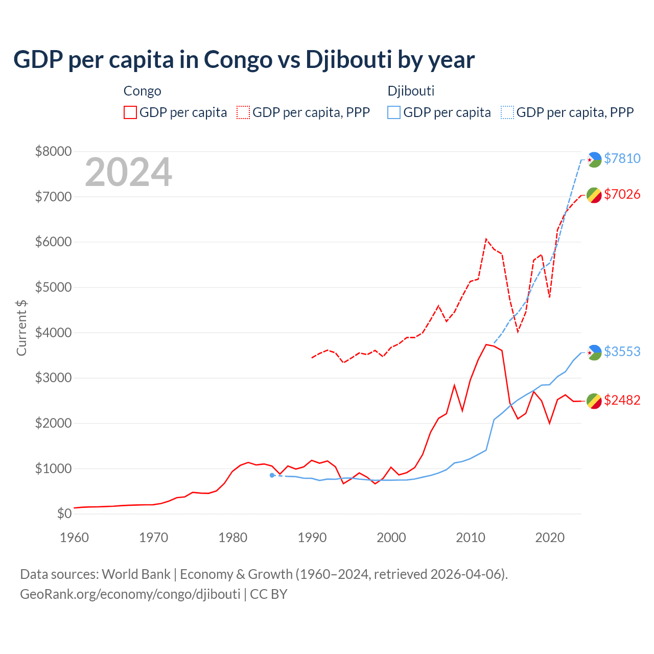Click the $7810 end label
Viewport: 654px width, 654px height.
point(622,158)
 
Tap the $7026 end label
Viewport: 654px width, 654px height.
point(622,194)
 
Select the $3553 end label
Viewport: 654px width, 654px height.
point(622,352)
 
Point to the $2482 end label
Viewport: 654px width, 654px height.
point(622,400)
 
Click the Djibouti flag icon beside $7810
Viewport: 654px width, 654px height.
point(594,159)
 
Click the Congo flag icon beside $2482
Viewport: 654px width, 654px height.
point(594,401)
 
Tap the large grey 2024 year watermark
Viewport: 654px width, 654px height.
point(128,172)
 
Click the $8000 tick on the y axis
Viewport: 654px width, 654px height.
point(53,151)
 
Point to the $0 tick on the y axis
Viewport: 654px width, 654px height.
point(64,513)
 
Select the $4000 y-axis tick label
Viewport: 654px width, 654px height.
point(53,333)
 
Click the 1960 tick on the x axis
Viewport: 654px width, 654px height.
point(75,538)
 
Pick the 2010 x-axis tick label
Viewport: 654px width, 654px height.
point(471,538)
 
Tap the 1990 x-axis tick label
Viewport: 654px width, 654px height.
point(312,538)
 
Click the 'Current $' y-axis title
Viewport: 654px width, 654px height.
point(21,328)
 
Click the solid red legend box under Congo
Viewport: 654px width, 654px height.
point(130,112)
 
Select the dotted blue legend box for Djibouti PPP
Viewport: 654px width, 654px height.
point(507,112)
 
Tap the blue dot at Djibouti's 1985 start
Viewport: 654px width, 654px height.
point(272,475)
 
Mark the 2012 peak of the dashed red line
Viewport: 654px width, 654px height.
point(486,239)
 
